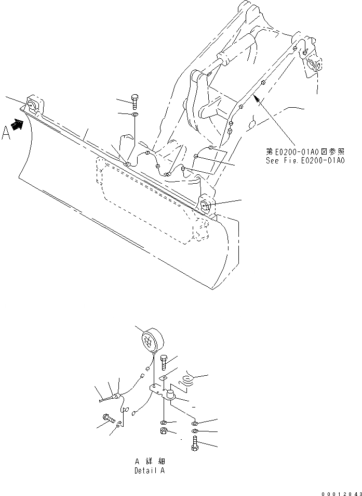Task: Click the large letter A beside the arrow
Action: (x=7, y=133)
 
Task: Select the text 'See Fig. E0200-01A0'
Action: (x=305, y=160)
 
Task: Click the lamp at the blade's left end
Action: (x=32, y=106)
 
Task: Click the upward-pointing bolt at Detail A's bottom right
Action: (x=194, y=443)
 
